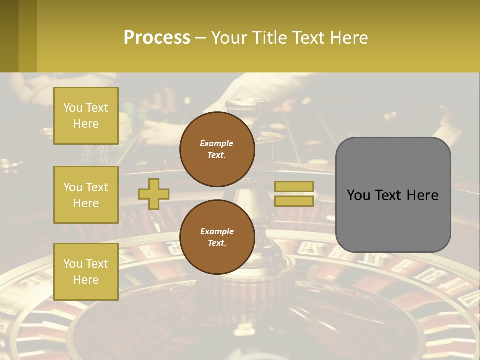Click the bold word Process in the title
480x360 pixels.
[157, 38]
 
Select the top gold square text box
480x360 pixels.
[86, 116]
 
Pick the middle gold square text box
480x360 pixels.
[86, 195]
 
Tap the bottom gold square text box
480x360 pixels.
[86, 272]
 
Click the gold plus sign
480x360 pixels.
[154, 194]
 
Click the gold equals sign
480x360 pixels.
[294, 194]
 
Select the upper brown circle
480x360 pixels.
[217, 149]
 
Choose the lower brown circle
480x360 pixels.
[217, 237]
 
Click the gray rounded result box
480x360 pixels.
[393, 195]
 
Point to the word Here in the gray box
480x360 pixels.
[422, 195]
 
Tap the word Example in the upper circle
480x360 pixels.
[216, 143]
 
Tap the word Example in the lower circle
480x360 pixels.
[217, 231]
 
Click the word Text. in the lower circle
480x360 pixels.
[217, 243]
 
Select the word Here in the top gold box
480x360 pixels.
[86, 124]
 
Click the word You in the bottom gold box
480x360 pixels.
[73, 264]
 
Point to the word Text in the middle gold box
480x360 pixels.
[97, 187]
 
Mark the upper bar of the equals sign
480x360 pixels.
[294, 187]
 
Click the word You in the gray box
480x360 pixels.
[359, 195]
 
